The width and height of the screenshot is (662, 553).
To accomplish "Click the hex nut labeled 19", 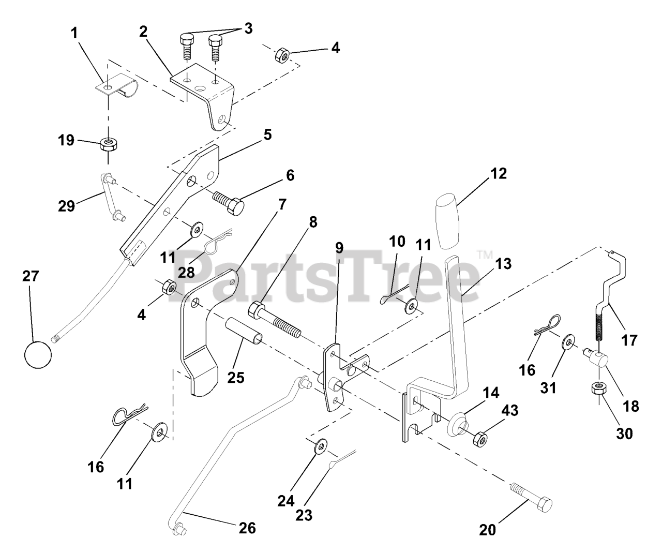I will pos(108,142).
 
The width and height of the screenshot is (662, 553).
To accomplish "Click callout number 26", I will pos(246,528).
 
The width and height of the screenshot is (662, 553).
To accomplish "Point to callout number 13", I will pos(503,263).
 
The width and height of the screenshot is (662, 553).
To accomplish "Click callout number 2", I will pos(143,31).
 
